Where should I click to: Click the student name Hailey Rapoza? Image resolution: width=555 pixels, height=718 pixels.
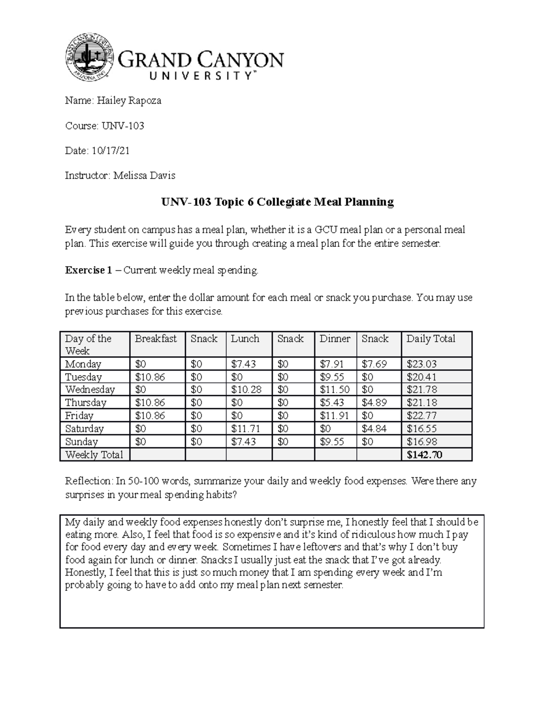coord(129,101)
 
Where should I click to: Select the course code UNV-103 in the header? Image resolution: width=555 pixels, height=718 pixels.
coord(123,126)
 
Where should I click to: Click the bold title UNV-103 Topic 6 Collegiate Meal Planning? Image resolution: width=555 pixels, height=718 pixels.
coord(277,202)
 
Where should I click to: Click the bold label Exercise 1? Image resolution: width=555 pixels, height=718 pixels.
coord(88,270)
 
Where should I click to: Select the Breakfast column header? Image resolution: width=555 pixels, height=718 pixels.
coord(156,339)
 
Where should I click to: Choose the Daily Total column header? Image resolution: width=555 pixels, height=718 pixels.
coord(431,339)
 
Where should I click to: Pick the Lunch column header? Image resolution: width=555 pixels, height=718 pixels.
coord(245,339)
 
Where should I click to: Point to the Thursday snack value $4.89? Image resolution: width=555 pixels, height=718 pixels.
coord(374,403)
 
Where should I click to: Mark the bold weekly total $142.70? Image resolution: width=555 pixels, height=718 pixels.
coord(424,455)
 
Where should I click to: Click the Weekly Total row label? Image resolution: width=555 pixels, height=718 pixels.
coord(94,455)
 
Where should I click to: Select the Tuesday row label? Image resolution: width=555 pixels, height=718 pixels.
coord(83,377)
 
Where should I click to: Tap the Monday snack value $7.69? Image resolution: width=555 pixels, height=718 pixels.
coord(374,364)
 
